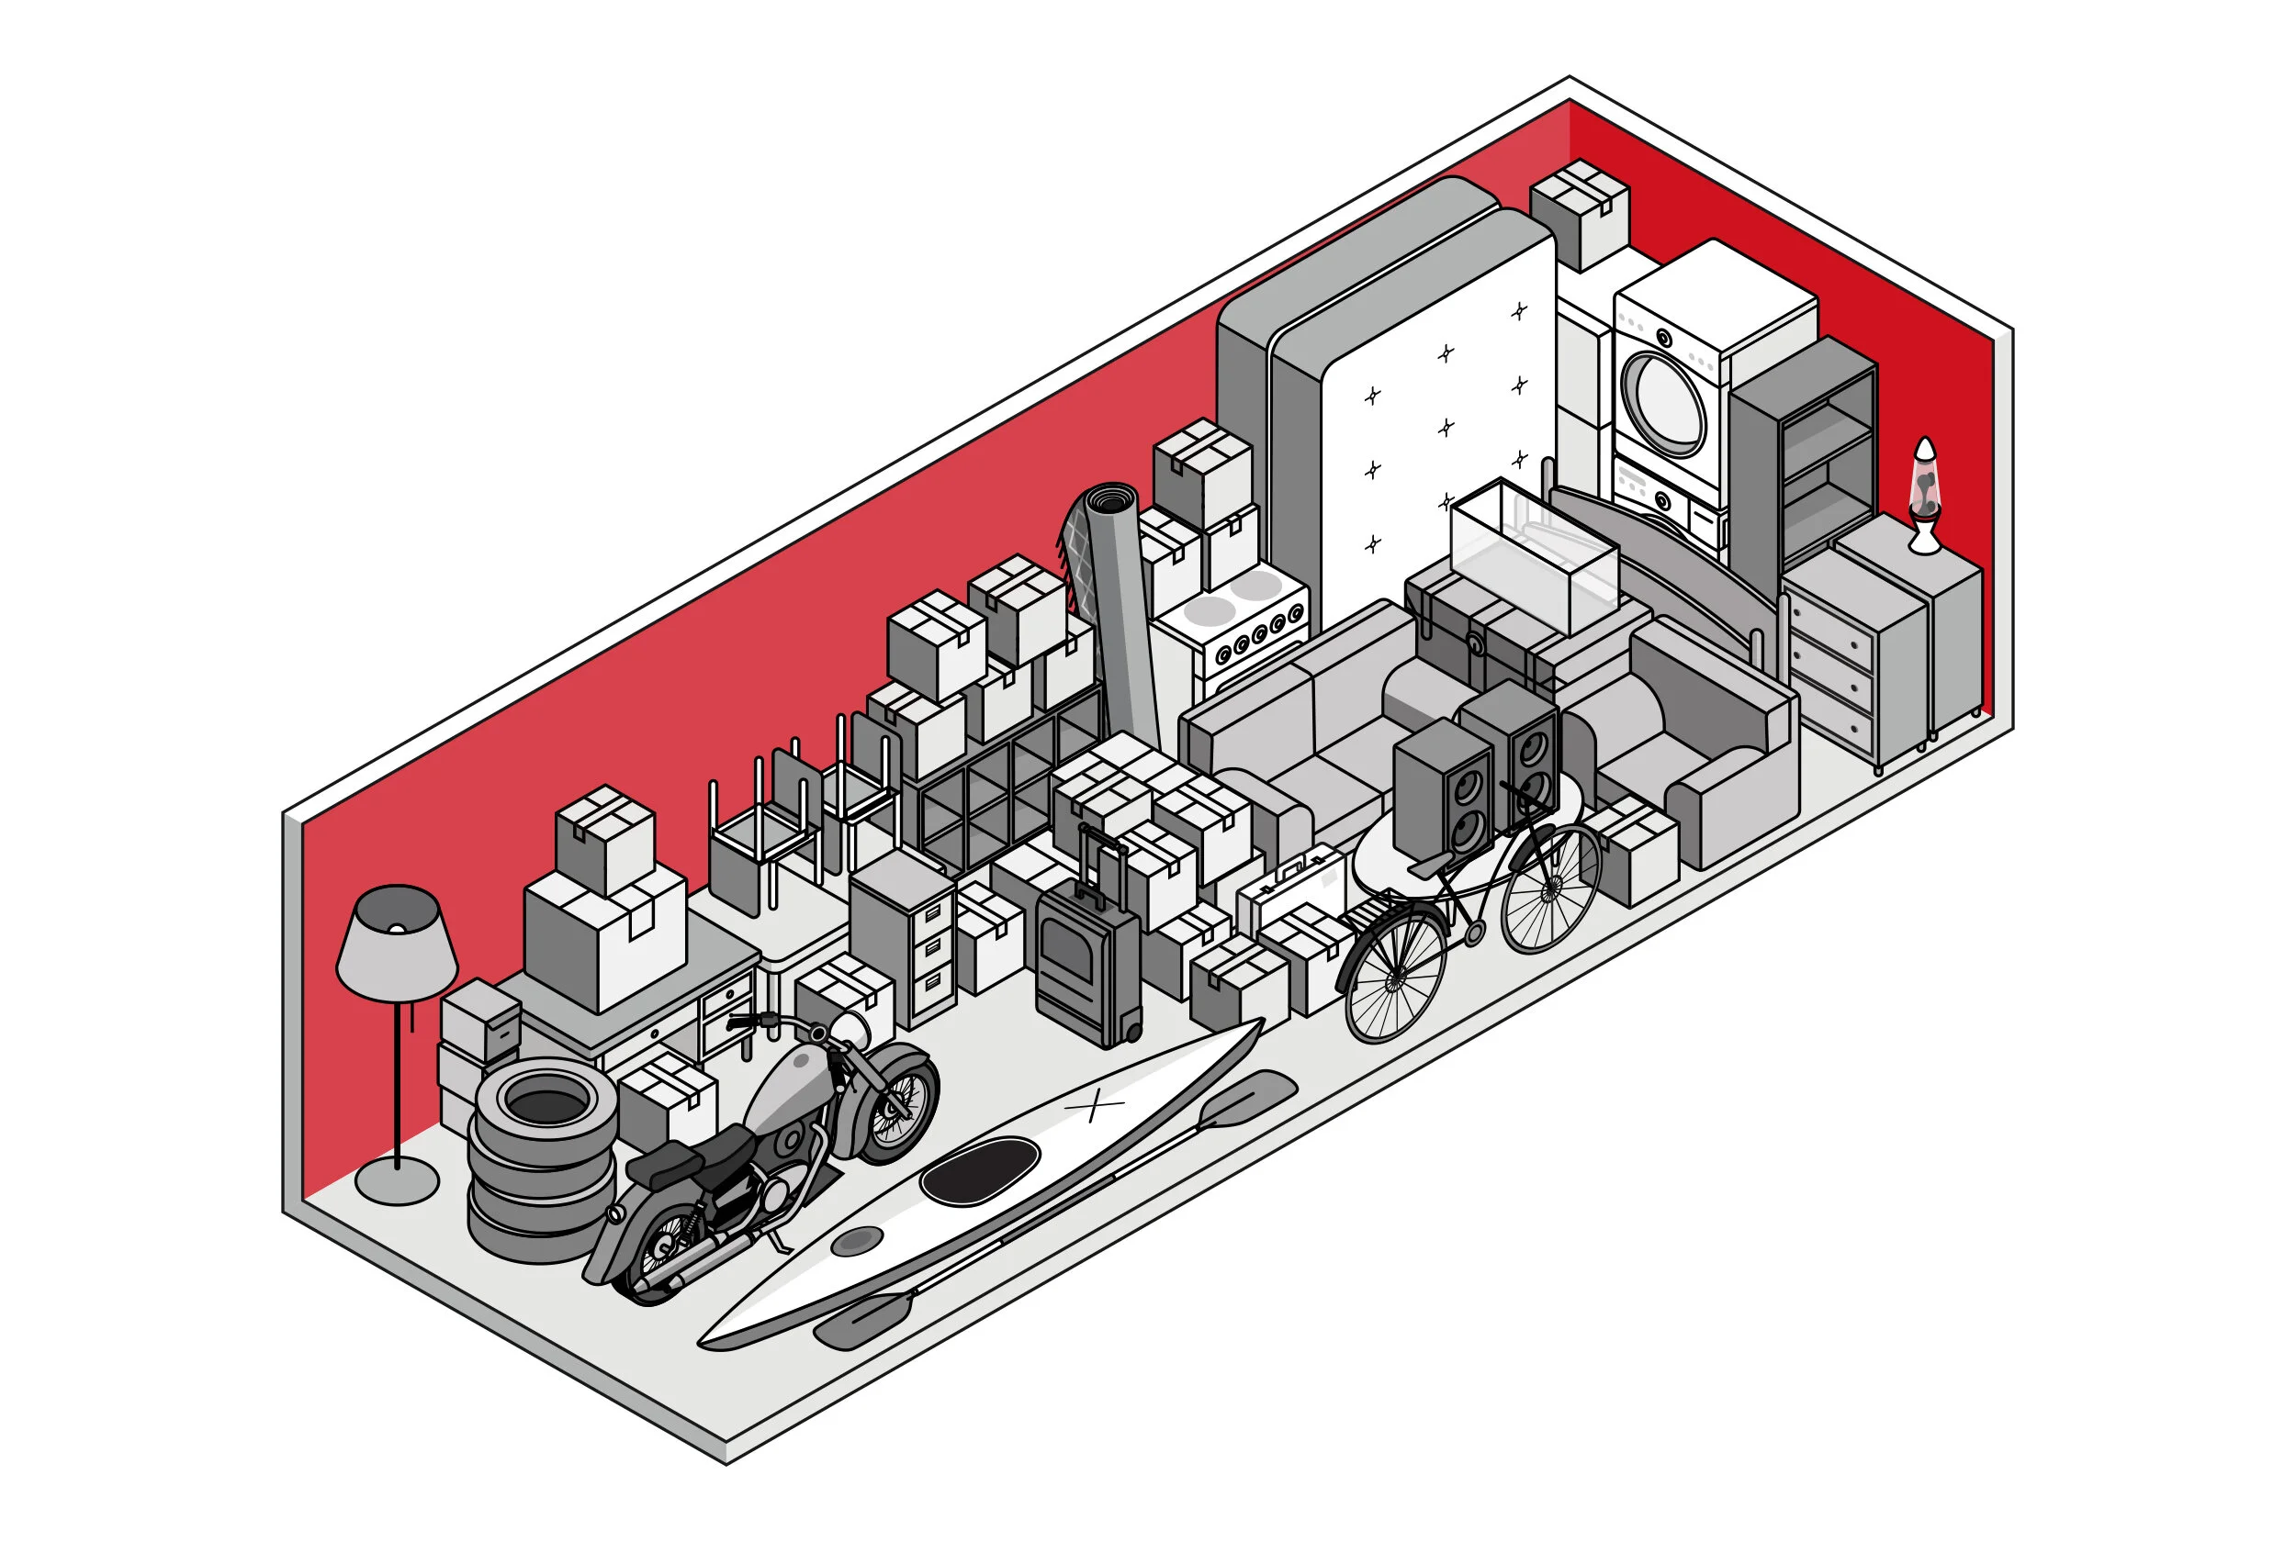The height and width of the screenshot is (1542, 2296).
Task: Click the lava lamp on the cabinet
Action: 1923,492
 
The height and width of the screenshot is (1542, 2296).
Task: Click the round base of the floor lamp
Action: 397,1179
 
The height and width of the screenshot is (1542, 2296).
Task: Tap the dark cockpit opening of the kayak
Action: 980,1170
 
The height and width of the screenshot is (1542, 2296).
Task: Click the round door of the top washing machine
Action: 1663,403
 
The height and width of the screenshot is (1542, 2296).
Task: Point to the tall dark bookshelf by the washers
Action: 1806,463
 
